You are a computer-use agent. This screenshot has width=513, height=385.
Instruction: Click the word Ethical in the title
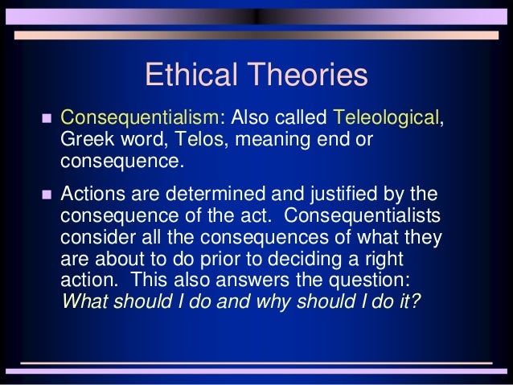pos(191,76)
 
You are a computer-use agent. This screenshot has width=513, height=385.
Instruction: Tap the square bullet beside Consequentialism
pos(45,119)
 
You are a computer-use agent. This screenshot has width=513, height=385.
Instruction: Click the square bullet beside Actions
pos(45,196)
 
